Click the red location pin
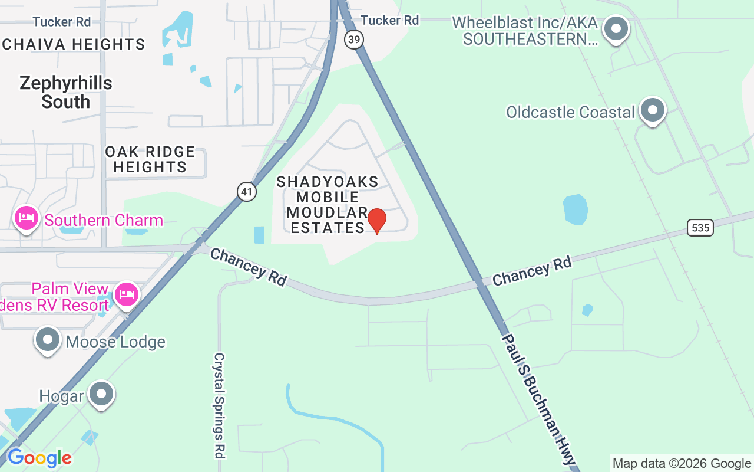click(x=376, y=221)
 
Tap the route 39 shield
click(x=354, y=40)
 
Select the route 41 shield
click(x=247, y=191)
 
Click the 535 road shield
click(x=700, y=227)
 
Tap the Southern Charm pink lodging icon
click(x=27, y=218)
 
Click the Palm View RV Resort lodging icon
click(x=127, y=294)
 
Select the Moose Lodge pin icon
click(x=48, y=340)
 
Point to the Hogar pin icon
click(x=101, y=394)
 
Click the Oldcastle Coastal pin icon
click(x=652, y=110)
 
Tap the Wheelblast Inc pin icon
click(x=617, y=28)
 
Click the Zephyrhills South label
click(x=65, y=92)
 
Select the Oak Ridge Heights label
click(x=150, y=159)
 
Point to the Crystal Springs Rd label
click(x=219, y=405)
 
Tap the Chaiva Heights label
click(x=74, y=44)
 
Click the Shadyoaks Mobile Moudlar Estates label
click(x=328, y=204)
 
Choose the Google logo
click(x=39, y=458)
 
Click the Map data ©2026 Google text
click(x=682, y=464)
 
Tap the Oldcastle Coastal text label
click(x=570, y=112)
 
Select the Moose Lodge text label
click(x=115, y=342)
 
